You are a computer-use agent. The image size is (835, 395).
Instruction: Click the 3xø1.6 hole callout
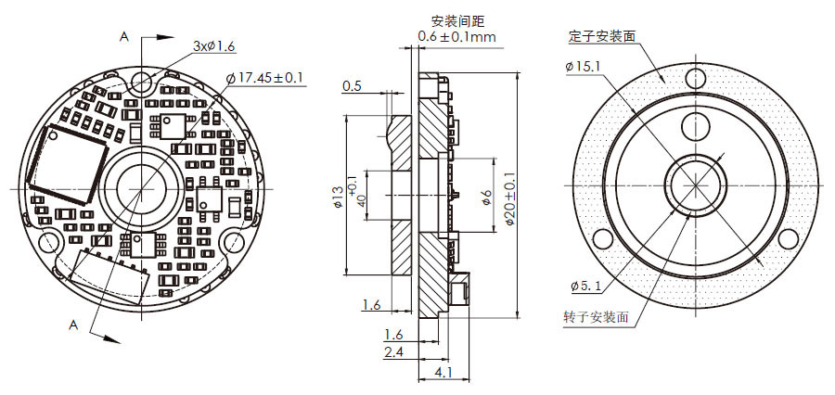214,45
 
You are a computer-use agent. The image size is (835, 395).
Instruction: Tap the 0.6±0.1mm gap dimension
456,36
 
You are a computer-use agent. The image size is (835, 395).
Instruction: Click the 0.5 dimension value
352,86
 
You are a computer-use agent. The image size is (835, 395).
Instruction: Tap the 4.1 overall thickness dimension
443,373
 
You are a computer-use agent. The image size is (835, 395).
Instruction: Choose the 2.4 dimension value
393,352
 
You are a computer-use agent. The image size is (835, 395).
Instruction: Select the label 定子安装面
602,37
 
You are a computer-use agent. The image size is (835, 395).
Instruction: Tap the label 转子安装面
596,316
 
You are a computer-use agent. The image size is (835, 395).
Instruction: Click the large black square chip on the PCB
64,165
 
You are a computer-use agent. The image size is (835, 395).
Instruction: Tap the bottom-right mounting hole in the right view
788,238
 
